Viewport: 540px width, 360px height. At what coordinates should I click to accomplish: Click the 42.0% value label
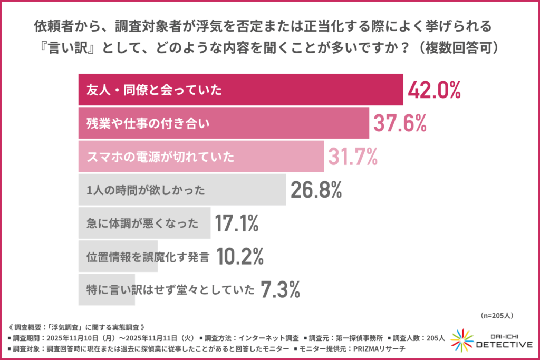pyautogui.click(x=434, y=90)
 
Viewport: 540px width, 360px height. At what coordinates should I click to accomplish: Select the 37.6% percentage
pyautogui.click(x=399, y=123)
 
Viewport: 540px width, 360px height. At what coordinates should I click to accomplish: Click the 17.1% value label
pyautogui.click(x=236, y=223)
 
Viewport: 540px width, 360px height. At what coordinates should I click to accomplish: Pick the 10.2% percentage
pyautogui.click(x=239, y=257)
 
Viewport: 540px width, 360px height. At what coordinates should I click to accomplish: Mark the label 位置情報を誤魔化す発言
pyautogui.click(x=148, y=257)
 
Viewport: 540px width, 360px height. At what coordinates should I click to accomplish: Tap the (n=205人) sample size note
pyautogui.click(x=497, y=315)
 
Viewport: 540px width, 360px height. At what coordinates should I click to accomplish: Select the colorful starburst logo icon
pyautogui.click(x=462, y=340)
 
